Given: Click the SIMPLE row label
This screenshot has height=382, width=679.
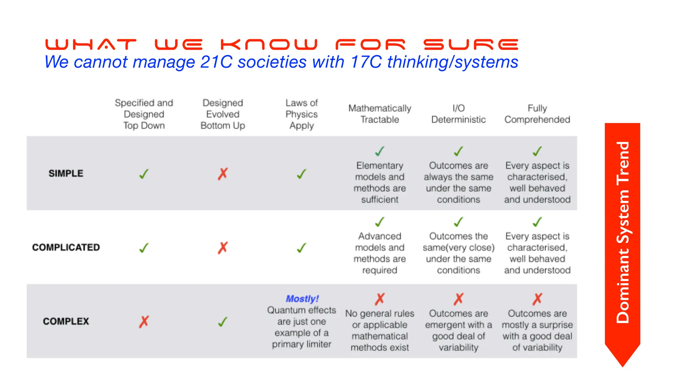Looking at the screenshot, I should (66, 173).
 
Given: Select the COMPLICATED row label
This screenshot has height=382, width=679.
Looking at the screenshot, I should (66, 247).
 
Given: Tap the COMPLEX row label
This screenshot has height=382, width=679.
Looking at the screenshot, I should (66, 321).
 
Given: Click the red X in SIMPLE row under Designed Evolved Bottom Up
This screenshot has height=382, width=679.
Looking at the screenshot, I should (223, 173).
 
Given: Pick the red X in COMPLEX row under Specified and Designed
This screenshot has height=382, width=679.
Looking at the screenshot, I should (144, 321).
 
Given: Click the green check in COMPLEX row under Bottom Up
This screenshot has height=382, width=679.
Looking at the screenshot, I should (223, 321).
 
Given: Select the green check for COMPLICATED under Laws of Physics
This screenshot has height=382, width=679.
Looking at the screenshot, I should (301, 248).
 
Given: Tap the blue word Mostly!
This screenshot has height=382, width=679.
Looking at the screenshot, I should (302, 299).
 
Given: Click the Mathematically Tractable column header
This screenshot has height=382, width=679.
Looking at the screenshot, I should (380, 114).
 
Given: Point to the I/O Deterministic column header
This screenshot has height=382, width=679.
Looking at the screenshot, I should (459, 114).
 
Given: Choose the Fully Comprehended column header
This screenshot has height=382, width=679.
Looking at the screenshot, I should (537, 114).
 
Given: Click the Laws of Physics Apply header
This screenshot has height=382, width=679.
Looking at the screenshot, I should (301, 114).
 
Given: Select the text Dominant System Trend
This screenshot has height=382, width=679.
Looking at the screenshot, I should (623, 232).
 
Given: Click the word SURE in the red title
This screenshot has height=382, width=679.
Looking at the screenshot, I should (471, 44).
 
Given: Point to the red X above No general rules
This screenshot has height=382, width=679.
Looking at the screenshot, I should (380, 299).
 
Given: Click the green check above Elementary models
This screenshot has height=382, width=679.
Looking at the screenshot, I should (380, 151).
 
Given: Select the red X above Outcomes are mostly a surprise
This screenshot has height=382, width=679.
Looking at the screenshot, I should (537, 299).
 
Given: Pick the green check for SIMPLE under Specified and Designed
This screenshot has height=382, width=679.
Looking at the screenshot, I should (144, 174).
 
